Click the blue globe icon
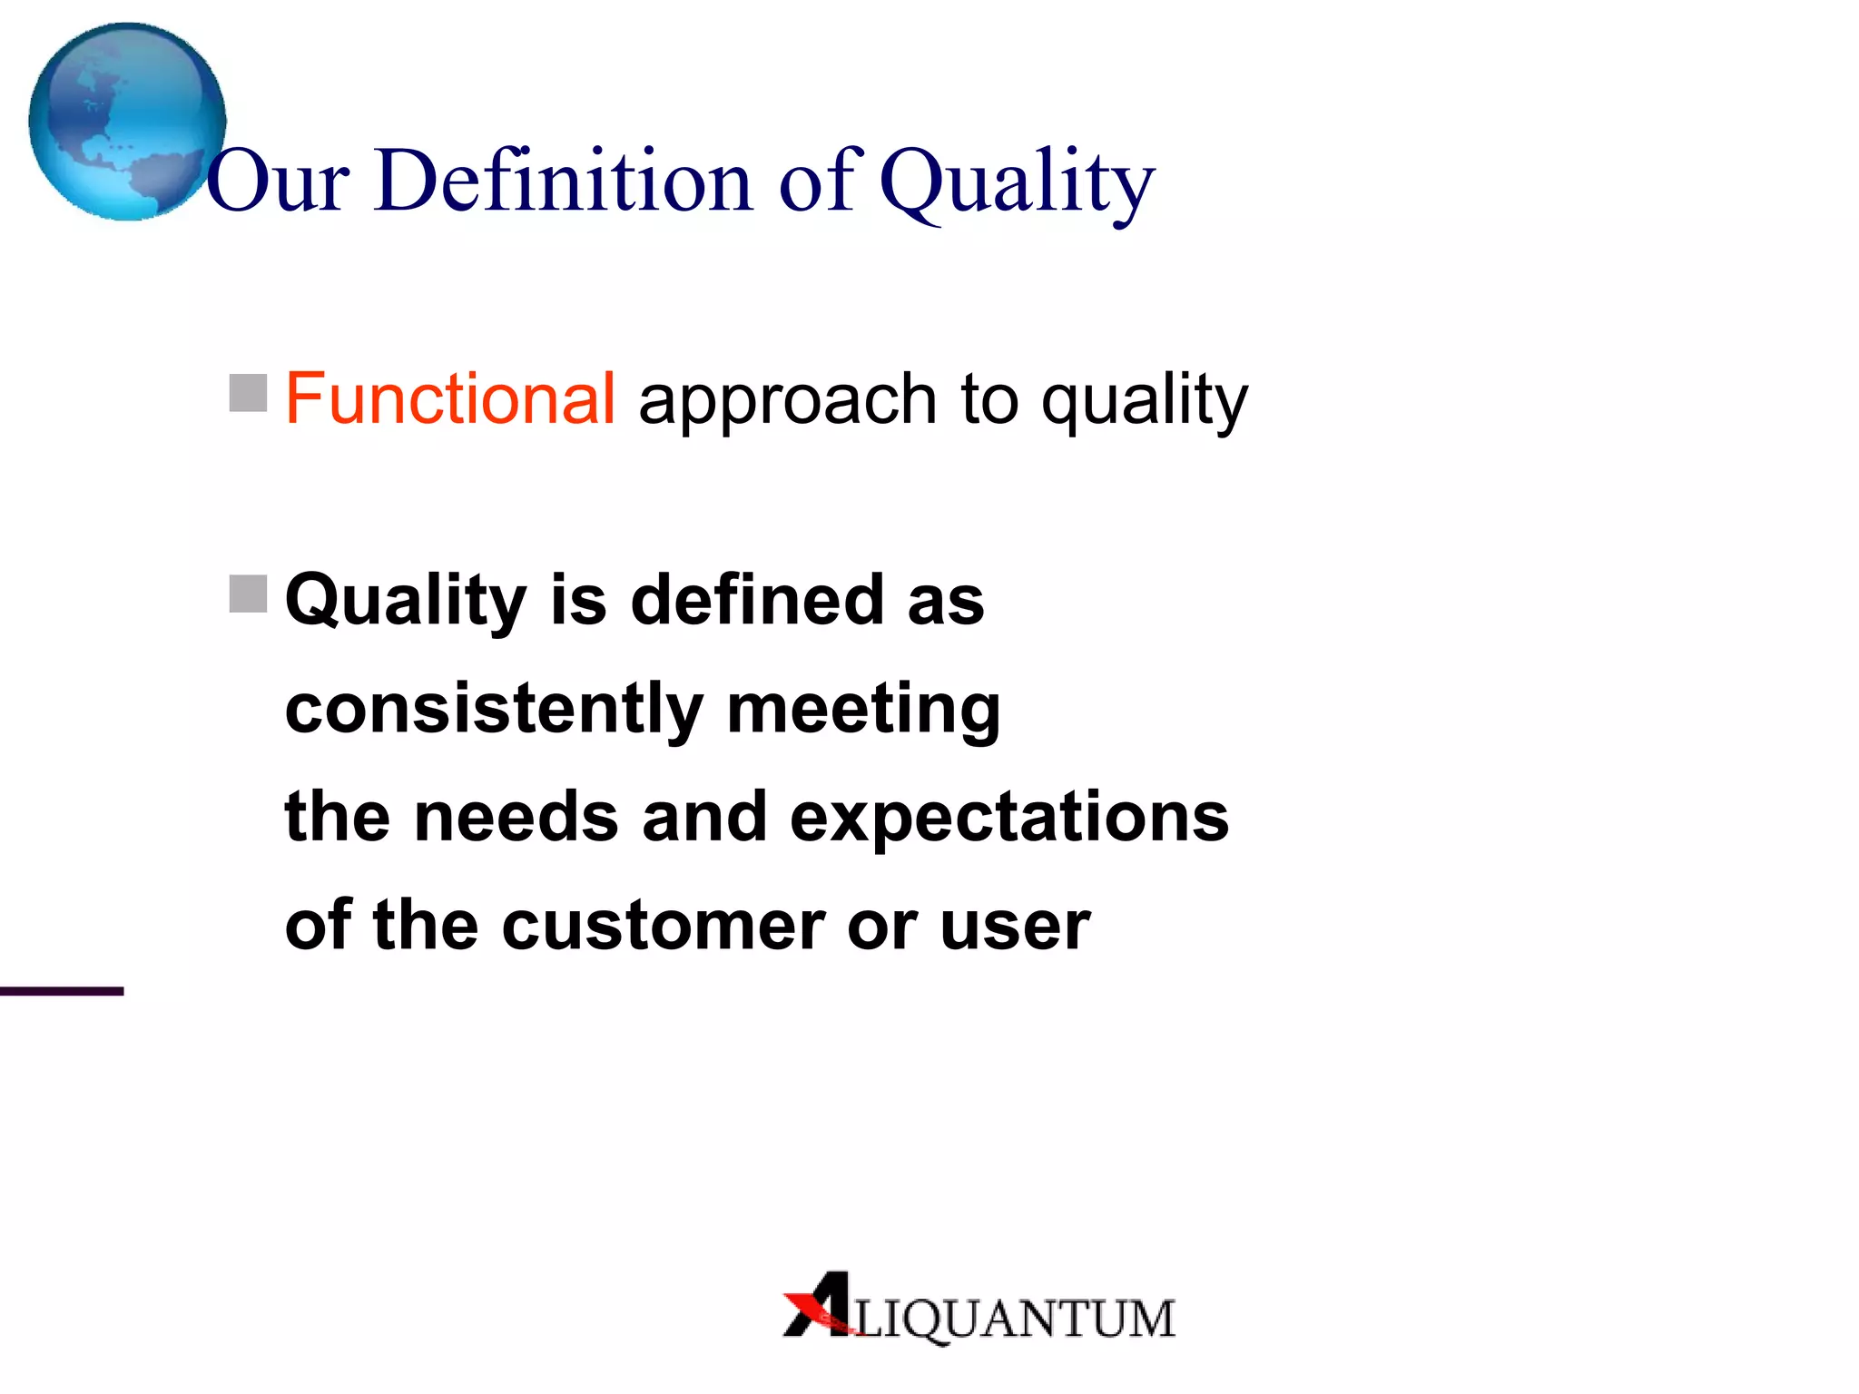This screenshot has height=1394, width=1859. click(127, 122)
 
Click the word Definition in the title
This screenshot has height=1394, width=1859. click(563, 181)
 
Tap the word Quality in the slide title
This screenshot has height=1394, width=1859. click(1017, 182)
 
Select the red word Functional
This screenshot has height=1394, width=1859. click(450, 398)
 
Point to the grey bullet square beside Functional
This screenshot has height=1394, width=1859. click(248, 393)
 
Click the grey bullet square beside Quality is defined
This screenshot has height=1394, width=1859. click(248, 594)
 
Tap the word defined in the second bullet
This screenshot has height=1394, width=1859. click(757, 600)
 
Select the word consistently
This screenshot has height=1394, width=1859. click(494, 710)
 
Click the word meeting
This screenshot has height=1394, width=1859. click(863, 710)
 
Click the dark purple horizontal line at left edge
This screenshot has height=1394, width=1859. click(61, 991)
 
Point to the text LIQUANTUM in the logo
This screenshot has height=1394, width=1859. click(1015, 1319)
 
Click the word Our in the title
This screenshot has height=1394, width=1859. click(278, 182)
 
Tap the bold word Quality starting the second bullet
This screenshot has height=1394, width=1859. click(406, 602)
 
